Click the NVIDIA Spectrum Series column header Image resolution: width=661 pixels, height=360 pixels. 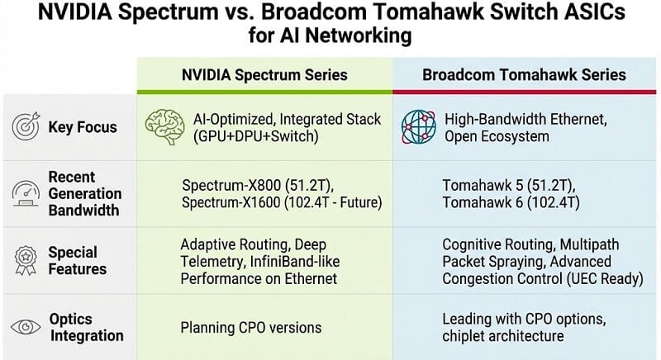(264, 75)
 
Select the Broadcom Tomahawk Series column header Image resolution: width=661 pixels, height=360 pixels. (524, 75)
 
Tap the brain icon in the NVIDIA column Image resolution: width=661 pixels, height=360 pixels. (161, 128)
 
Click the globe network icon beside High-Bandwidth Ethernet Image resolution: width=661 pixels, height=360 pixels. (418, 128)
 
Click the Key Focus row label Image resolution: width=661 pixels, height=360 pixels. (82, 128)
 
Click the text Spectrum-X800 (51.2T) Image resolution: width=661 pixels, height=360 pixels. (251, 184)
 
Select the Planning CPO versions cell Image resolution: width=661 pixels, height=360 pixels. (251, 328)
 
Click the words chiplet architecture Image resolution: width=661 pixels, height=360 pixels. (503, 336)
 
